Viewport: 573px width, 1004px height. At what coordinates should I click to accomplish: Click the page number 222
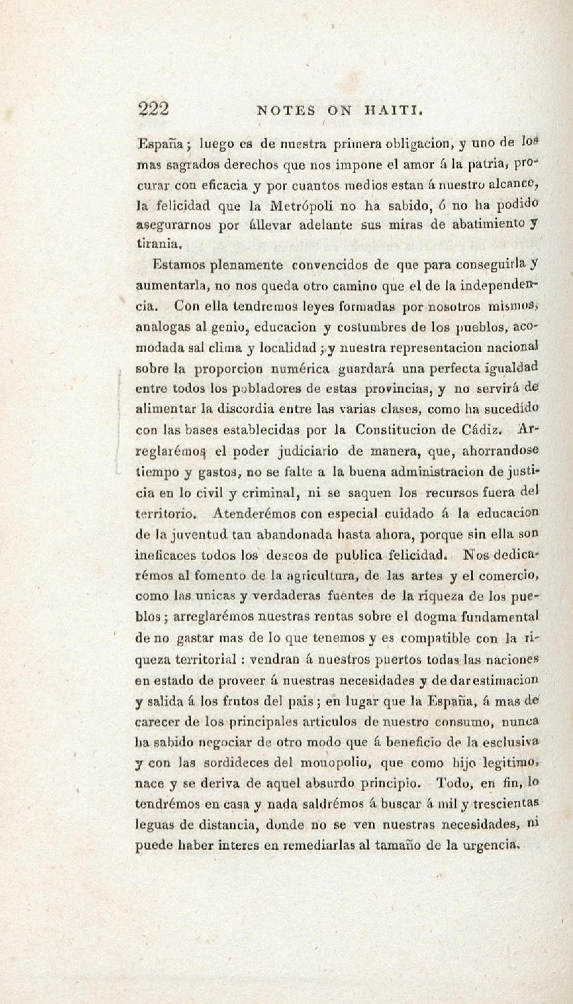153,109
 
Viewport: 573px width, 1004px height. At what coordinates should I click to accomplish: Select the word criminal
269,493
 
